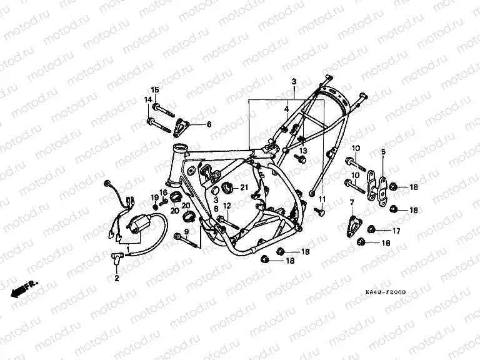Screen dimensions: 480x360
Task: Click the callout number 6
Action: click(209, 124)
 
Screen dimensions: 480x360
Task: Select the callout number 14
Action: click(149, 100)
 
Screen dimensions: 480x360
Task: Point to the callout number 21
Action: click(244, 188)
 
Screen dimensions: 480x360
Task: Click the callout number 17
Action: click(396, 230)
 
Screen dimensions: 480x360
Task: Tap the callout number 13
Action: click(302, 151)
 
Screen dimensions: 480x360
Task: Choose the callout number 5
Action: click(383, 151)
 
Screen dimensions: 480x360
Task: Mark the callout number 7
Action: click(351, 202)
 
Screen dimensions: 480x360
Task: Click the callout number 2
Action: click(116, 279)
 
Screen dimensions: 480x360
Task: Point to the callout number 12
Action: click(227, 206)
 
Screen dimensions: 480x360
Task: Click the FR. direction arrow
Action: click(24, 288)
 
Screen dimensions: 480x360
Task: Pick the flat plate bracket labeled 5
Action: click(376, 186)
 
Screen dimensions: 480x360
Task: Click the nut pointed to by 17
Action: click(372, 229)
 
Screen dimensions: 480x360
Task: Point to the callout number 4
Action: click(303, 109)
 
